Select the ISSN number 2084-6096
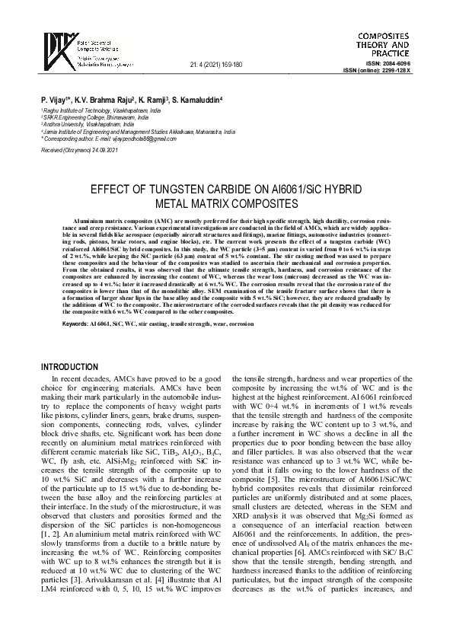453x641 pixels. pyautogui.click(x=399, y=64)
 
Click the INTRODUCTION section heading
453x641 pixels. pyautogui.click(x=78, y=367)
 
